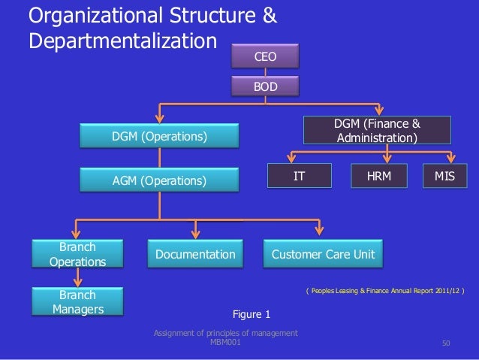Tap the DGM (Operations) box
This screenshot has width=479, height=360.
click(159, 136)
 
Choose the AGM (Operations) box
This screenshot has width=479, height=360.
click(159, 180)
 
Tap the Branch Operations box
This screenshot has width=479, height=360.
click(77, 254)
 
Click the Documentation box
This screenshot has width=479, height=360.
click(195, 256)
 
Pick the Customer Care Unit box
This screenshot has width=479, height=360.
click(323, 256)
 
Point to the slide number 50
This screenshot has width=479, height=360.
click(446, 344)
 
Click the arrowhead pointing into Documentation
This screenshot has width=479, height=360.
click(196, 235)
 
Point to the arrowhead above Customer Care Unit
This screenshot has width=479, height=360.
click(319, 235)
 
